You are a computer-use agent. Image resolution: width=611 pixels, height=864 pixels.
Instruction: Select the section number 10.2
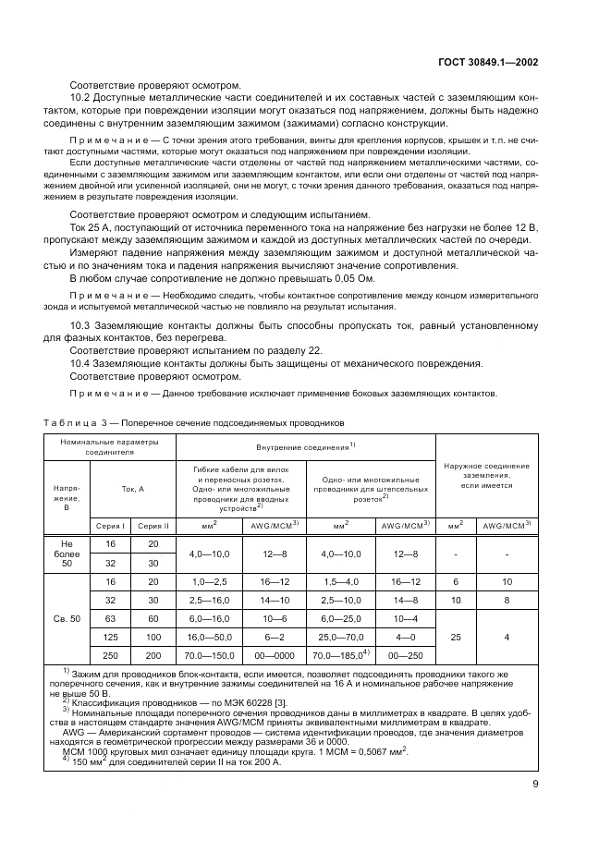pos(82,97)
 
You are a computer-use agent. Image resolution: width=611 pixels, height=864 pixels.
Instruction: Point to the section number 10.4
pos(82,364)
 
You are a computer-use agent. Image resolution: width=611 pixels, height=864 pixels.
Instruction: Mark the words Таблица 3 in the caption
pos(73,422)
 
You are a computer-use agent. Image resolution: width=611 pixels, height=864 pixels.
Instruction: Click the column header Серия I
pos(110,525)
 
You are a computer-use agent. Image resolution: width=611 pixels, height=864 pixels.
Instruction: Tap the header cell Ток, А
pos(132,488)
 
